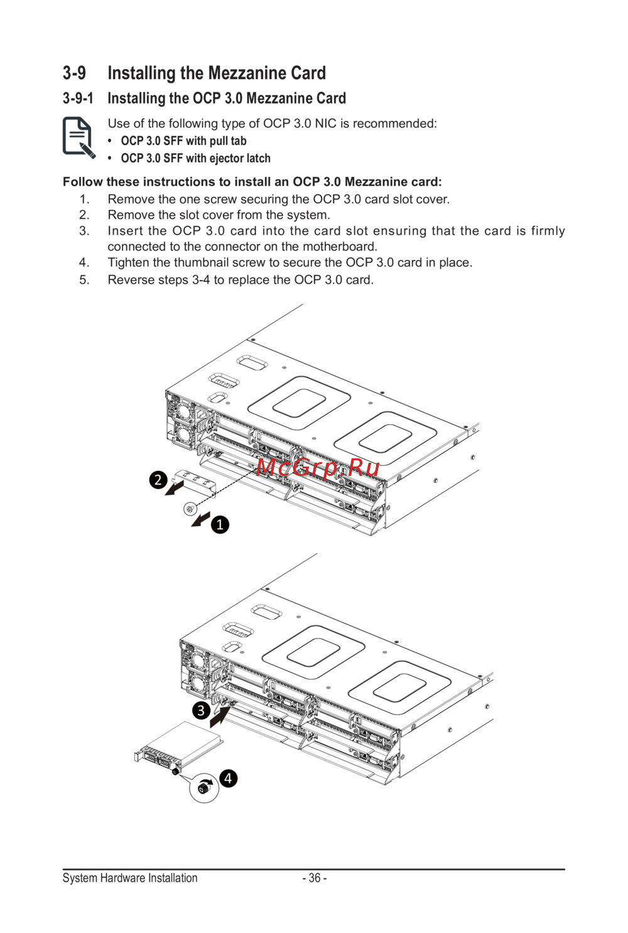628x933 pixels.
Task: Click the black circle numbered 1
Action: pos(220,524)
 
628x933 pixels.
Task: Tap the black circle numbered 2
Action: pos(158,480)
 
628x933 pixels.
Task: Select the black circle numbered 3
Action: pos(201,710)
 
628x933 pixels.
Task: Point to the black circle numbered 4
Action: pos(228,779)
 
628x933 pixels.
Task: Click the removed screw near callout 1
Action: pos(190,508)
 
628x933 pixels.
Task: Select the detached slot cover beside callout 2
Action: pos(195,482)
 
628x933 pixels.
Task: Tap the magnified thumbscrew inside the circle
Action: pos(203,788)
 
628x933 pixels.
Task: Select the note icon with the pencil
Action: pos(78,138)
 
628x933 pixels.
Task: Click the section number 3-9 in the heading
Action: pos(74,73)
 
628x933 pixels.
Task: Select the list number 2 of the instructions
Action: pos(84,215)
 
